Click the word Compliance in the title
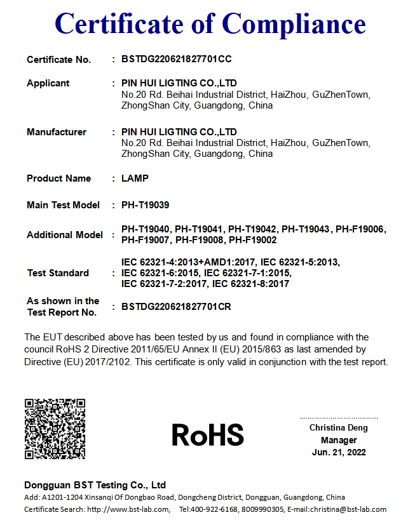point(294,23)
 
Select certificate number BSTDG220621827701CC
point(176,59)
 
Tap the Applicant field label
point(48,83)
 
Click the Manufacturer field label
point(57,132)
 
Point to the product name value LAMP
point(135,178)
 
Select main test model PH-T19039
point(145,205)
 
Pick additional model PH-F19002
point(253,240)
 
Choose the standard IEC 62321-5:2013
point(301,262)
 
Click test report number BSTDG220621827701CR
point(176,307)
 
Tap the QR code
point(55,429)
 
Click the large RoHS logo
point(208,435)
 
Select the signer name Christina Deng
point(339,428)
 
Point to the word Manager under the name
point(339,440)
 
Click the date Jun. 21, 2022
point(339,452)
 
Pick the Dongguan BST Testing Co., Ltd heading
point(95,485)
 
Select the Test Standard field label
point(58,273)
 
